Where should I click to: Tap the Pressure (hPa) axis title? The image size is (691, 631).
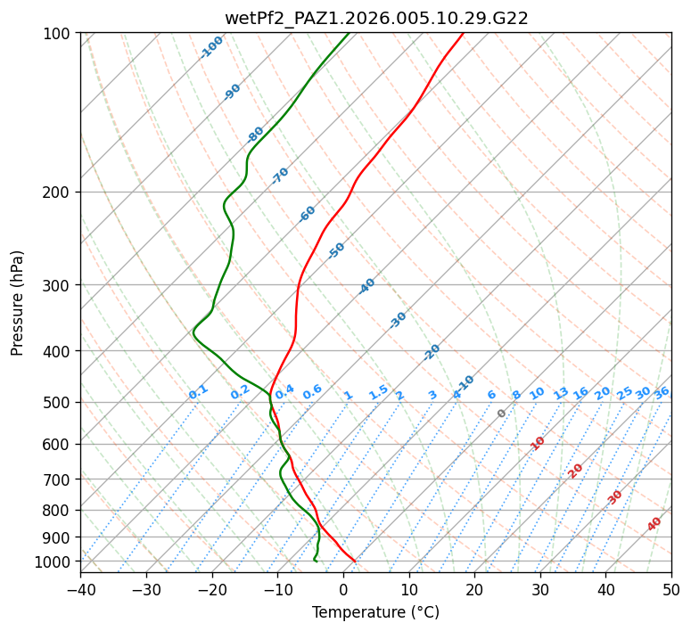[17, 302]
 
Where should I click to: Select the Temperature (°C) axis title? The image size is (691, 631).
[375, 613]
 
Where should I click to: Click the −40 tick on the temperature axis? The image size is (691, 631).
[80, 589]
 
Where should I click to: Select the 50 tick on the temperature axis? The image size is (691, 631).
[671, 589]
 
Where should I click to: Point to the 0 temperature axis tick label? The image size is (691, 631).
[343, 589]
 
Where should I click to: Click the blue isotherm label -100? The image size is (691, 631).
[211, 47]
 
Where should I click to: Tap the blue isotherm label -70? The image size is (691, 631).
[280, 176]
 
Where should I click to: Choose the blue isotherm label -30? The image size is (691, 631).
[398, 320]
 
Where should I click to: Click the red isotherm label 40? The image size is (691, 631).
[654, 524]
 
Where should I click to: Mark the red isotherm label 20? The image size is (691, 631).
[576, 470]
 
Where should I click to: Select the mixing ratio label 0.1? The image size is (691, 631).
[198, 392]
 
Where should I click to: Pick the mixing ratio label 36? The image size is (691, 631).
[662, 392]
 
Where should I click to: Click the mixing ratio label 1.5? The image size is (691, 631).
[378, 392]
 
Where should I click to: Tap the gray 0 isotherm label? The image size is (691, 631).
[502, 414]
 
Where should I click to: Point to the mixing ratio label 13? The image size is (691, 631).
[561, 393]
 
